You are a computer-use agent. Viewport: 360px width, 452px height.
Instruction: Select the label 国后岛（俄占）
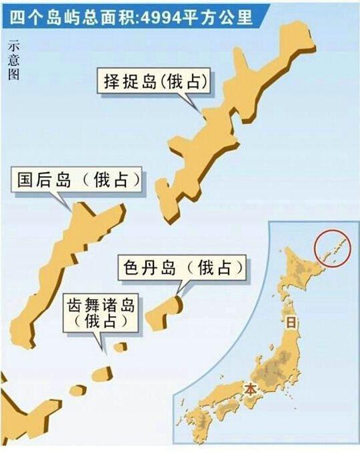coord(79,179)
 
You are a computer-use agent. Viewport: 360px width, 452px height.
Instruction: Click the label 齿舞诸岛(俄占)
coord(101,313)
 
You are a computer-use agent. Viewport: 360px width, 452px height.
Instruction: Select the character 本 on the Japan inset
coord(250,388)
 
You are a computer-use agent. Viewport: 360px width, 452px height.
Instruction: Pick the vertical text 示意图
coord(14,60)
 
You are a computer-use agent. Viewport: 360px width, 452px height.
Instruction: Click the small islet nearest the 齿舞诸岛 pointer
coord(119,347)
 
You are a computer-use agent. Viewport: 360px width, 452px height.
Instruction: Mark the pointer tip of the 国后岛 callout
coord(71,209)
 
